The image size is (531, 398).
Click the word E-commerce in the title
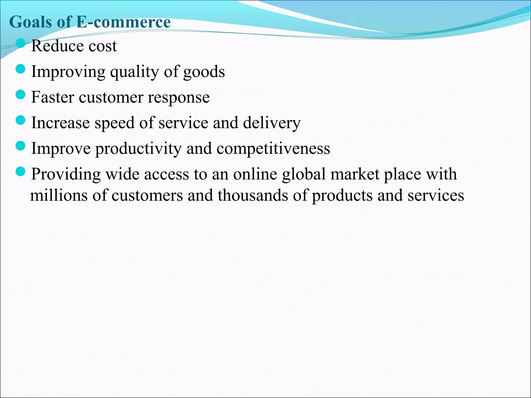click(123, 22)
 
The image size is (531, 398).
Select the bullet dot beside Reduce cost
click(20, 44)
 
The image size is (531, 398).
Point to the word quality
click(135, 72)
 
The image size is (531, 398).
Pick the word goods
click(204, 72)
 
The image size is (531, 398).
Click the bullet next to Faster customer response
click(20, 95)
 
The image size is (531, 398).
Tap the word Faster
click(53, 97)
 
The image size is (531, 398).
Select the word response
click(179, 98)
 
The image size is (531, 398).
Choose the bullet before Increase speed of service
click(20, 120)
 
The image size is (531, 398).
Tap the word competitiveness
click(273, 149)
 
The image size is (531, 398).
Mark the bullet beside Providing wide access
click(20, 171)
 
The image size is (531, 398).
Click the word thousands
click(253, 195)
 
